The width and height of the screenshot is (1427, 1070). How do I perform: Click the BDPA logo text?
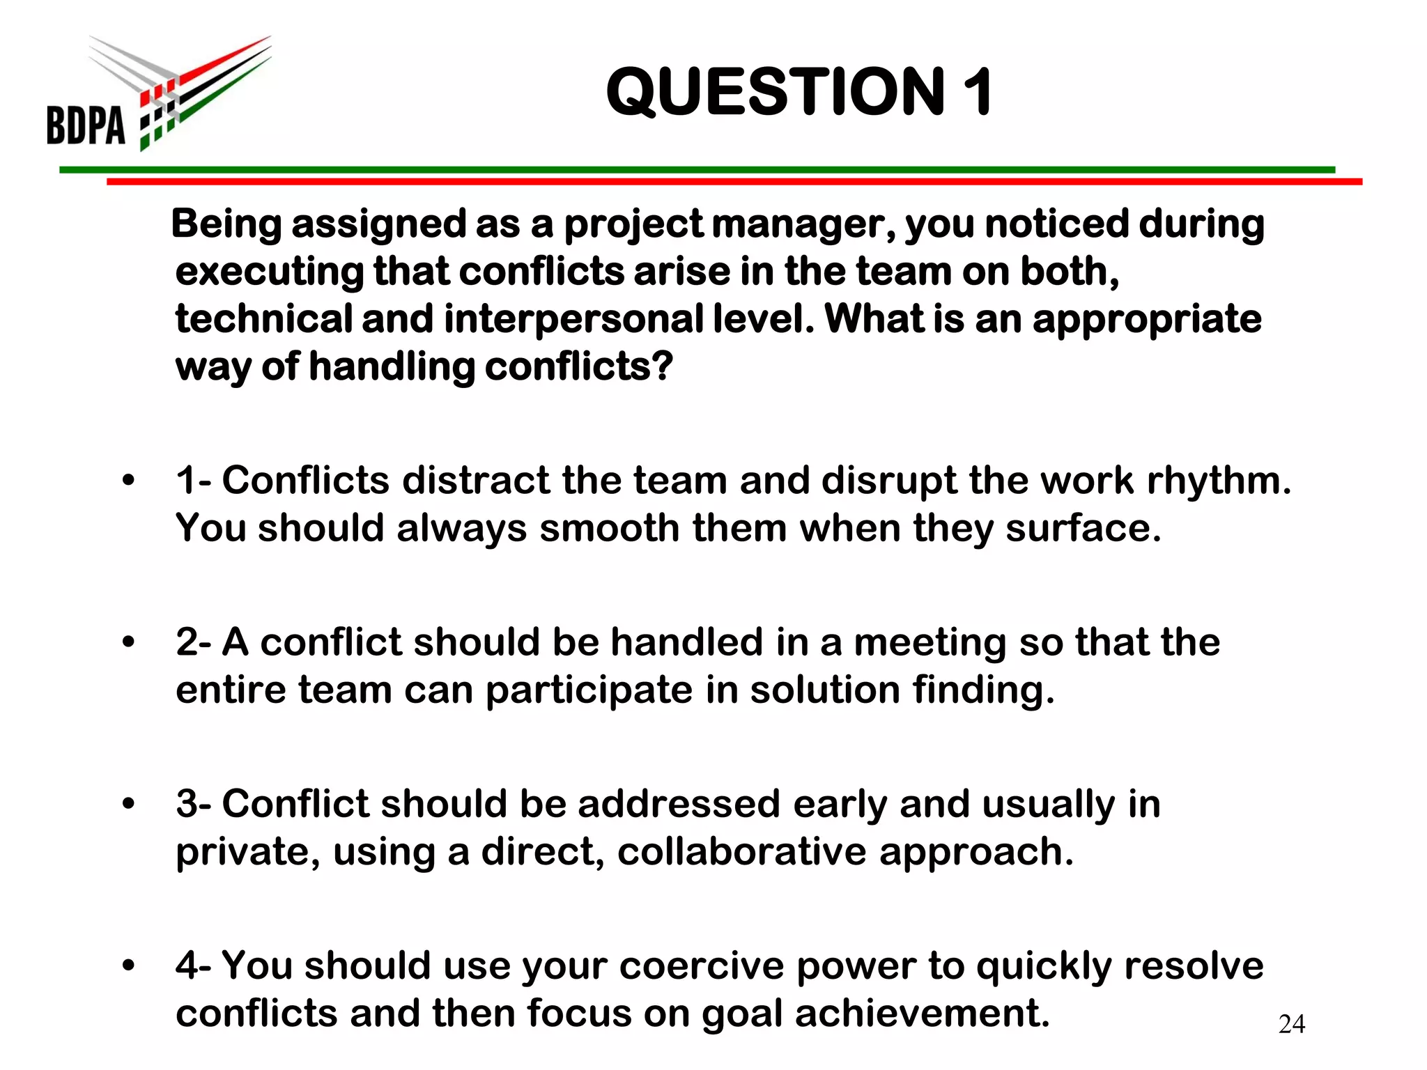click(86, 125)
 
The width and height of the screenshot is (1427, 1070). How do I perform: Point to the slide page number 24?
click(1292, 1024)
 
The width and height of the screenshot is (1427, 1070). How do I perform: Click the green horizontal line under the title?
click(697, 169)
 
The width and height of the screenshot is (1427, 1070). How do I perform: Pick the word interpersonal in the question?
click(573, 319)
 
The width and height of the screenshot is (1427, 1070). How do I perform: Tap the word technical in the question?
click(263, 319)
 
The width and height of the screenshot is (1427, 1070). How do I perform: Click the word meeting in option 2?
click(930, 642)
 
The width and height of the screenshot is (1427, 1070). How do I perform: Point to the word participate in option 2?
click(589, 691)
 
